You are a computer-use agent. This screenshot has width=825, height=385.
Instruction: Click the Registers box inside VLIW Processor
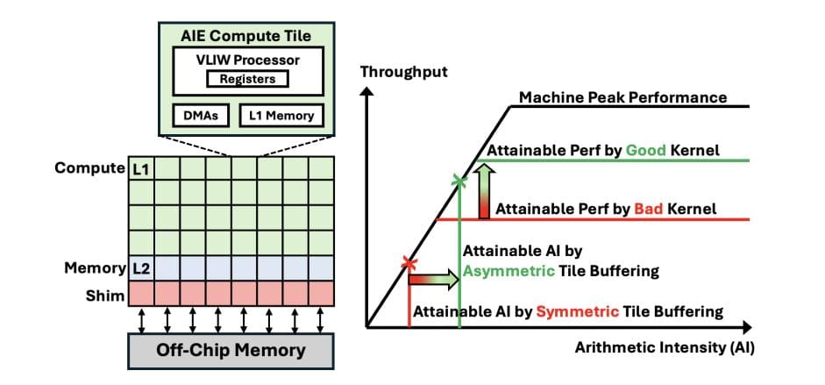[x=247, y=79]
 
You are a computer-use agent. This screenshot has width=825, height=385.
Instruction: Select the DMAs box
[x=201, y=115]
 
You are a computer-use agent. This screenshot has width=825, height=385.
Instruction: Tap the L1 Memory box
[x=275, y=115]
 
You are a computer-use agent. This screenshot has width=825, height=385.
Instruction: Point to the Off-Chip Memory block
[x=231, y=350]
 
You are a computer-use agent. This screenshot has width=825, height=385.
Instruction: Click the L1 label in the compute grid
[x=140, y=168]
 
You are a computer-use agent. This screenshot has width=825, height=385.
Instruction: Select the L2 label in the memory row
[x=140, y=267]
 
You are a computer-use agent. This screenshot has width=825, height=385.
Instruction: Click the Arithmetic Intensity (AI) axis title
[x=665, y=346]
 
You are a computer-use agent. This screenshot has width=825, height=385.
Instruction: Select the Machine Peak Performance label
[x=622, y=97]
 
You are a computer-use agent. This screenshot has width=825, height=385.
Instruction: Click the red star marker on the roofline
[x=407, y=262]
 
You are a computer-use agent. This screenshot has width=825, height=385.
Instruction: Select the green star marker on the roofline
[x=459, y=182]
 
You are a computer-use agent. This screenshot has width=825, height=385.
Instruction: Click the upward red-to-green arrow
[x=482, y=191]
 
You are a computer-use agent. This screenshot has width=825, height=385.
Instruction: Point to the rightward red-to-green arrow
[x=433, y=280]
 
